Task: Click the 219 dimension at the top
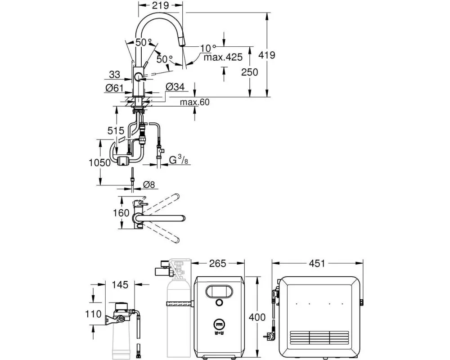(x=160, y=5)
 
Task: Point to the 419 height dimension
(x=266, y=55)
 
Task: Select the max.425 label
(x=223, y=57)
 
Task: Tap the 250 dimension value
(x=249, y=72)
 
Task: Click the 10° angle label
(x=208, y=47)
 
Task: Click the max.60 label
(x=195, y=103)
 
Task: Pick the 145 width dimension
(x=120, y=285)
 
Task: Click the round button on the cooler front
(x=219, y=302)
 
